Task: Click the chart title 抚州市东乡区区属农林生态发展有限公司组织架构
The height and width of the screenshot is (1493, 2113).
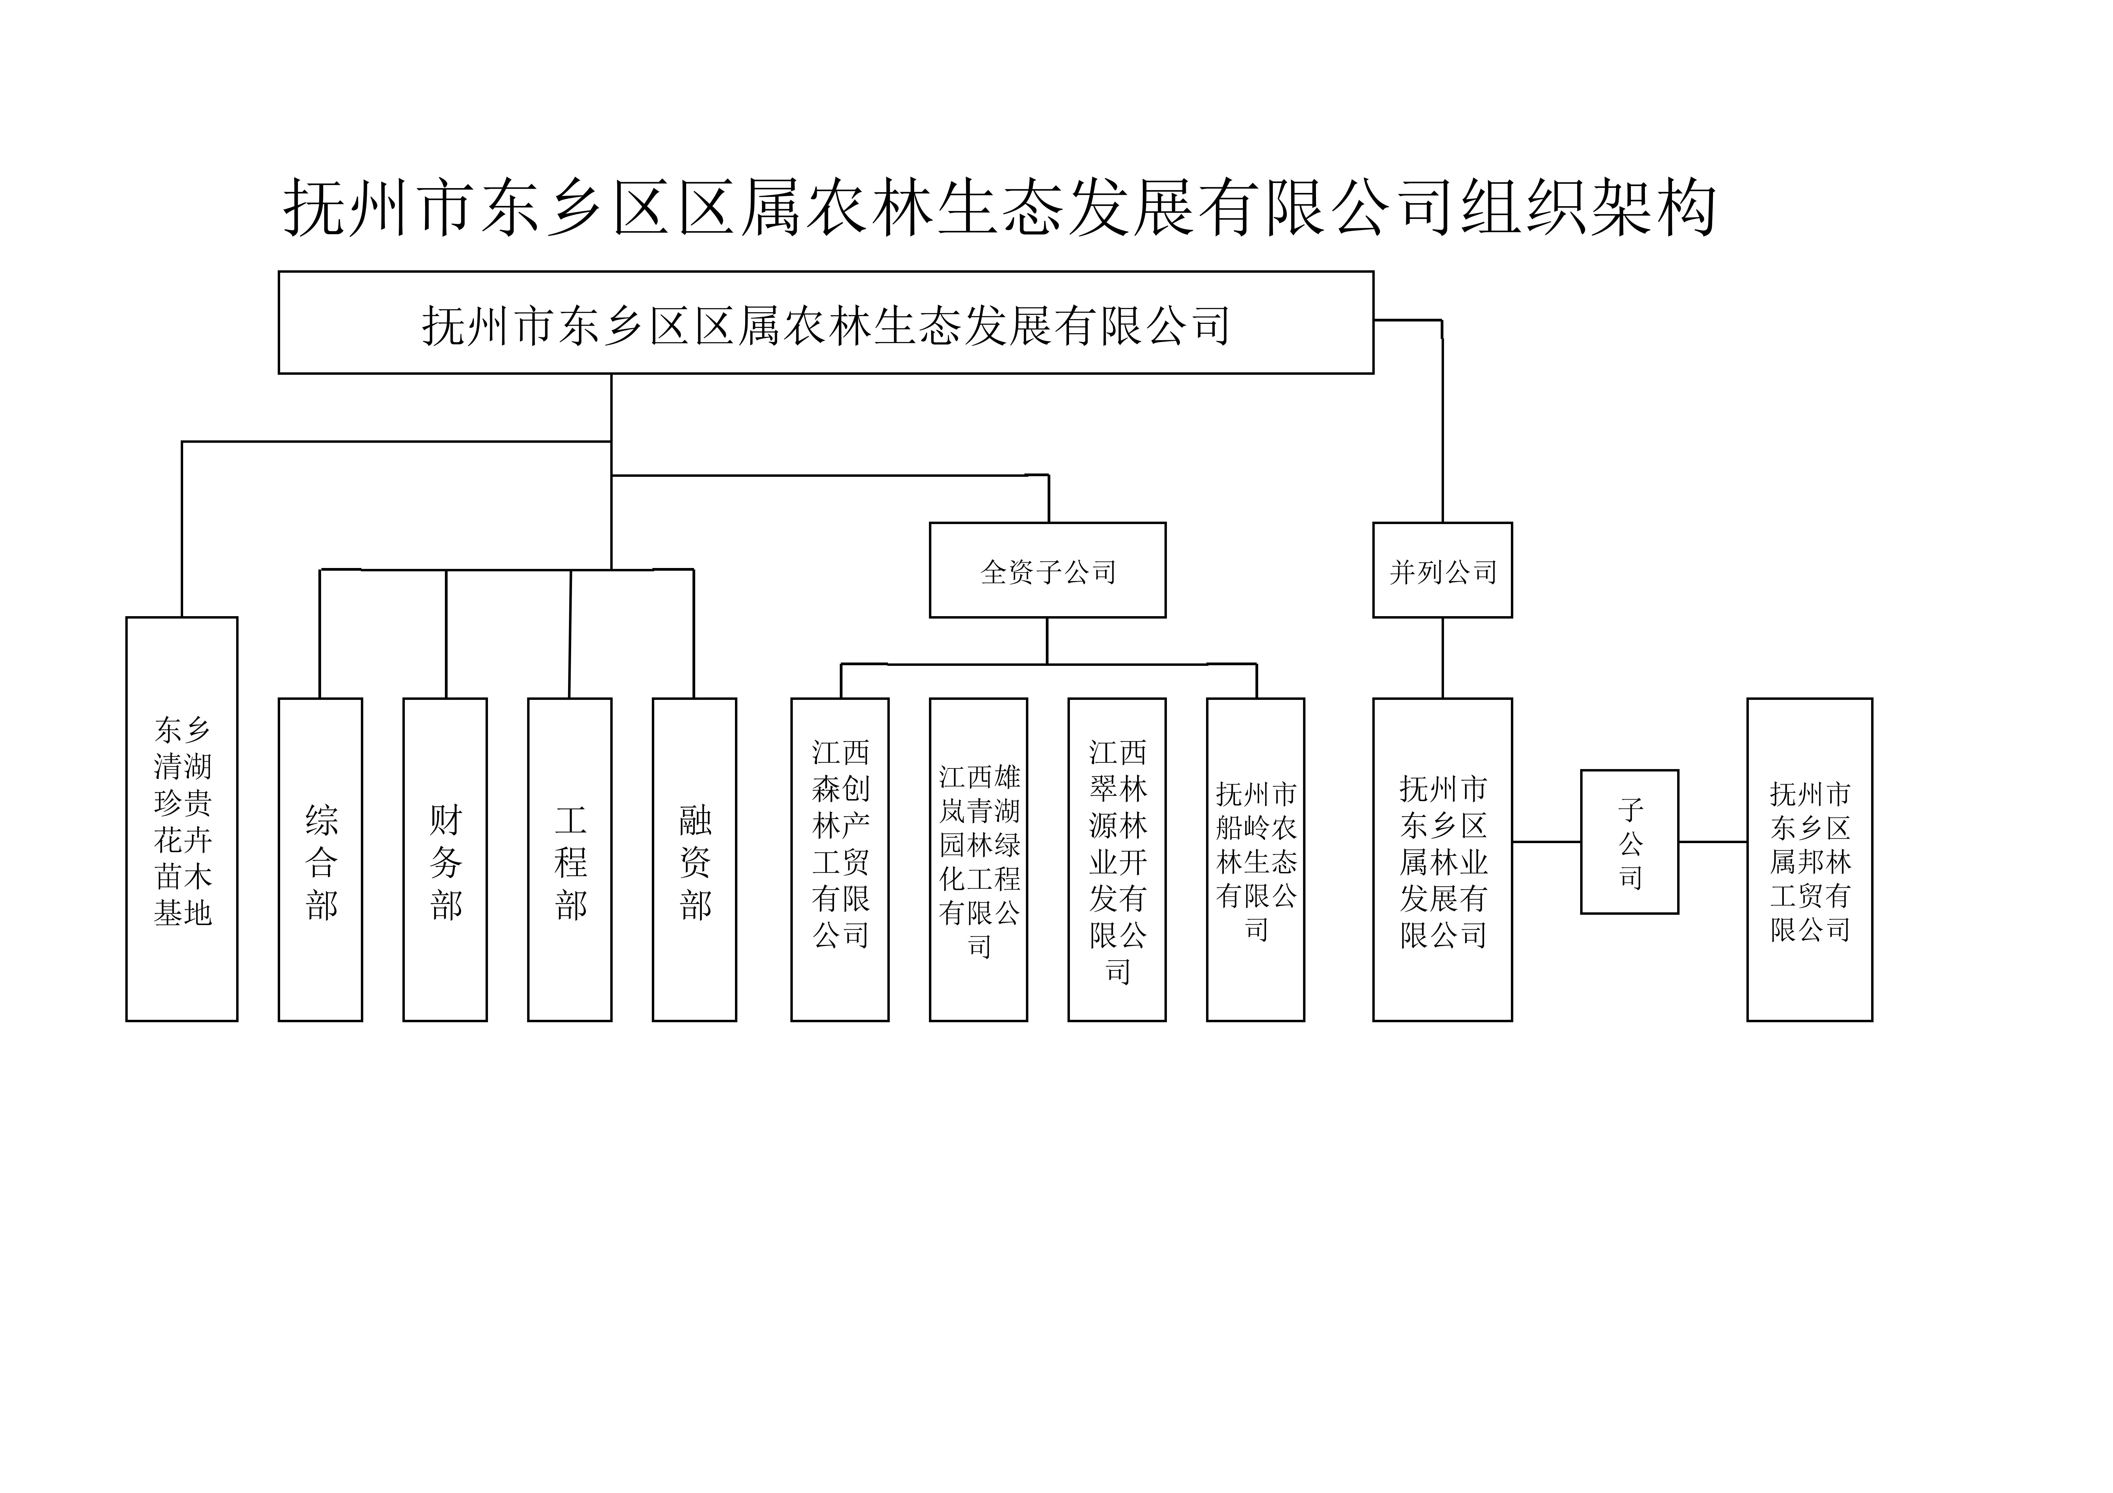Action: [999, 208]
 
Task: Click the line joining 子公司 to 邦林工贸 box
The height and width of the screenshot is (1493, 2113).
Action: [1713, 842]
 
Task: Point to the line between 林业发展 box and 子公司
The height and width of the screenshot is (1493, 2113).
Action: [1546, 842]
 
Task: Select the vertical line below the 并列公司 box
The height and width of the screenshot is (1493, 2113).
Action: [1442, 658]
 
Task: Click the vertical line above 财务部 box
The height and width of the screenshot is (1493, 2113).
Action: [446, 634]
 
